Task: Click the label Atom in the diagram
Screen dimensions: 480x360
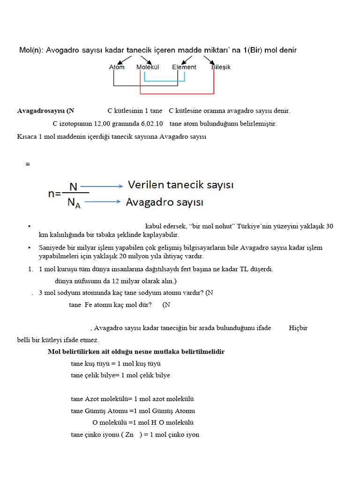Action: (x=117, y=67)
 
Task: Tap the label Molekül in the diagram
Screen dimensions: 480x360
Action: (x=148, y=67)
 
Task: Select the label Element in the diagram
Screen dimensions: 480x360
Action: (x=184, y=67)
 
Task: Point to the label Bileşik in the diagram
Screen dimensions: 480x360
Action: (x=221, y=67)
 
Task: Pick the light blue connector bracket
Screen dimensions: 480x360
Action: (x=164, y=82)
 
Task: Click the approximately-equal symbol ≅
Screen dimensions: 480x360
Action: (x=28, y=165)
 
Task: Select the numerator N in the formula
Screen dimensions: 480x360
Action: (x=74, y=187)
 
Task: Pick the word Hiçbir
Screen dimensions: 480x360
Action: (x=298, y=328)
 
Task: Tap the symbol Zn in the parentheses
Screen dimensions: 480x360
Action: (x=130, y=435)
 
